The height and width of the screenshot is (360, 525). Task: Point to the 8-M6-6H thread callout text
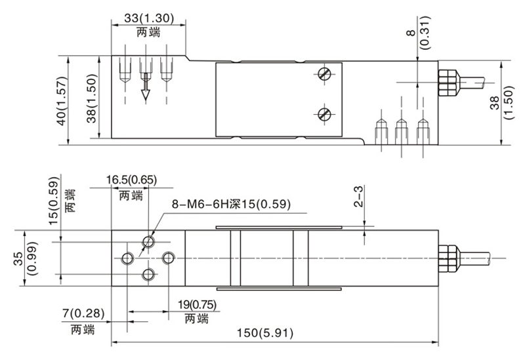tap(230, 204)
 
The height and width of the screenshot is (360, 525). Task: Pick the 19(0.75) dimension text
tap(197, 304)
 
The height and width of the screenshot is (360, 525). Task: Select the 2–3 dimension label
tap(358, 196)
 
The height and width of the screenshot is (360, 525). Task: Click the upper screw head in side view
tap(323, 74)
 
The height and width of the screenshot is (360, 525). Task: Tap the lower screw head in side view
tap(323, 113)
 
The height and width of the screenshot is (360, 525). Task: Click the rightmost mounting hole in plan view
tap(169, 257)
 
